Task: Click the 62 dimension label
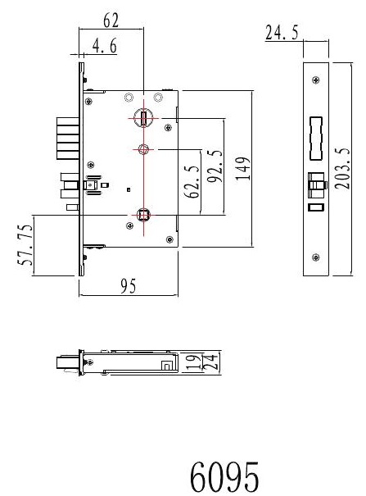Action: coord(111,20)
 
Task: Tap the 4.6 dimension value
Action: coord(105,46)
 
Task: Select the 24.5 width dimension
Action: coord(282,33)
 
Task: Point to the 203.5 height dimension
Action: coord(342,168)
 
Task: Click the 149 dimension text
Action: coord(243,168)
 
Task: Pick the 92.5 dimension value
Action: coord(215,166)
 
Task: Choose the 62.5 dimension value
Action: coord(192,181)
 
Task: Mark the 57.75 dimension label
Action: coord(25,244)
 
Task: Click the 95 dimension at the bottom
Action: coord(129,286)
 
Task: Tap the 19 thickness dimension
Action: coord(193,362)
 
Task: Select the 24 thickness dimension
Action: coord(210,362)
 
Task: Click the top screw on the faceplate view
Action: coord(315,80)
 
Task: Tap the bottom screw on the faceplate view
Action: coord(315,257)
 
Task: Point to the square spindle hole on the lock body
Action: coord(143,215)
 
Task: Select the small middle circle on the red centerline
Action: coord(143,148)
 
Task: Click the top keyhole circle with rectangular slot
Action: coord(143,118)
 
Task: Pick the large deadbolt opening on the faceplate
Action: coord(316,139)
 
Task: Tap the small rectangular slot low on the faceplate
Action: coord(316,207)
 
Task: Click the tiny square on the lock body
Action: coord(129,190)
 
